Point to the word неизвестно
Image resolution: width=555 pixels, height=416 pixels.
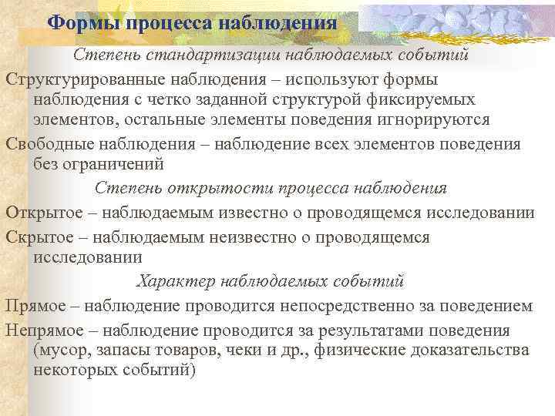click(223, 237)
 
